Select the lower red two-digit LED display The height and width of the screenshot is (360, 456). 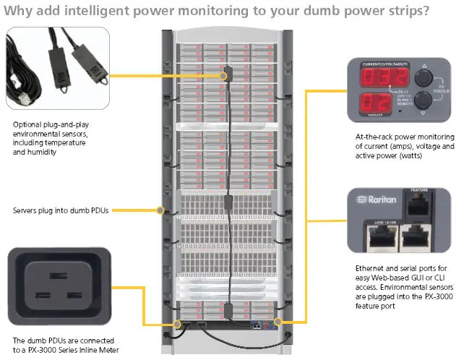point(366,100)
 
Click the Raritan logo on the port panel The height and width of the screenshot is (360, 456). point(374,199)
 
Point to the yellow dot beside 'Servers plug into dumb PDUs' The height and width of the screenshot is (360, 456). point(161,211)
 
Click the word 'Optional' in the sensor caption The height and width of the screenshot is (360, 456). point(27,124)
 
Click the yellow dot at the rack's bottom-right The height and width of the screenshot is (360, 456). point(278,320)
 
